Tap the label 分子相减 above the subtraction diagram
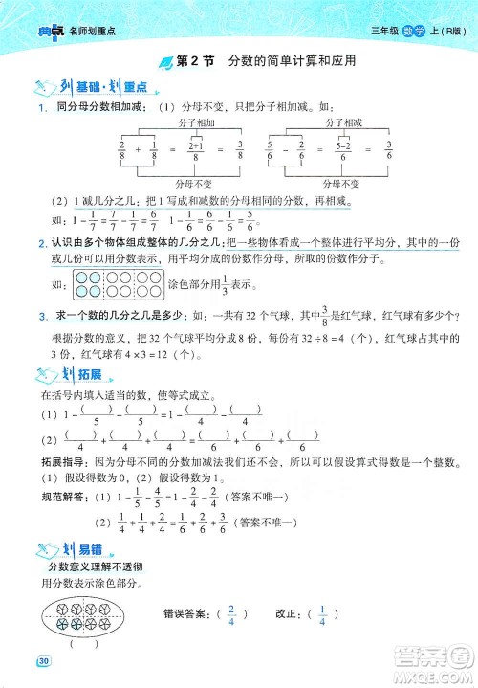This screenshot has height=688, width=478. [x=343, y=122]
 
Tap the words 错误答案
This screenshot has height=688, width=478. [x=187, y=613]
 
